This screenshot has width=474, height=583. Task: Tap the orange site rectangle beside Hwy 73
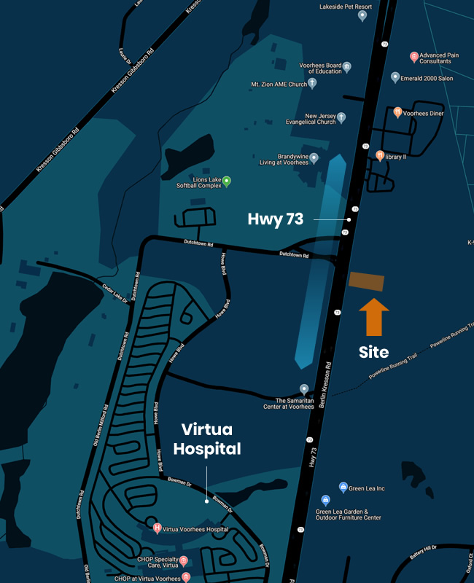point(367,281)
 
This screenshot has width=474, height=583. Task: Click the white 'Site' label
point(373,352)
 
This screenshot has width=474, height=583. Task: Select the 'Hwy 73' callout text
point(276,219)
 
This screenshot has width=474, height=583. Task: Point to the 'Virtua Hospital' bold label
point(206,439)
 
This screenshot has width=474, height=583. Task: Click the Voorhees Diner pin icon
point(397,112)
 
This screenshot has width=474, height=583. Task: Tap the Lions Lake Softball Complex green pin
point(227,181)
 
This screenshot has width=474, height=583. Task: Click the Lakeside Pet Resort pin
point(362,15)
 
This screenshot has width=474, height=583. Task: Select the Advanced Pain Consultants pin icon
point(414,56)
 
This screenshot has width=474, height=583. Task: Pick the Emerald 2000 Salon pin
point(395,77)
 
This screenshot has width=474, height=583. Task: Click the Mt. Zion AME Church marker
point(312,83)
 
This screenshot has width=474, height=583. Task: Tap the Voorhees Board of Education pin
point(348,66)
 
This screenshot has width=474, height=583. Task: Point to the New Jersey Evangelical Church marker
point(341,117)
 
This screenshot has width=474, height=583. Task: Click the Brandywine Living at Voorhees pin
point(314,157)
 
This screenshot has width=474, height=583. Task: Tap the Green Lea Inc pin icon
point(343,487)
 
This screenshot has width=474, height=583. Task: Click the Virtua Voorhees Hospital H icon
point(157,528)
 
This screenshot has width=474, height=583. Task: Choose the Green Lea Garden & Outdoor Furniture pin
point(325,500)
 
